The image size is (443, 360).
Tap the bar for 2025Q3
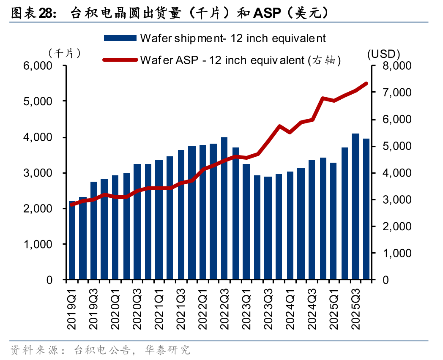[x=356, y=207]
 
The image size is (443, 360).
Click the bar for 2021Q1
[x=159, y=220]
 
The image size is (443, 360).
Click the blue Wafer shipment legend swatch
[x=120, y=38]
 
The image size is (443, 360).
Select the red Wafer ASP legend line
[x=120, y=60]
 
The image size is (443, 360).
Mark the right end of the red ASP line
[x=366, y=83]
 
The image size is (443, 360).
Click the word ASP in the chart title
[x=267, y=13]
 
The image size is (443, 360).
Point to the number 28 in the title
[x=45, y=13]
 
